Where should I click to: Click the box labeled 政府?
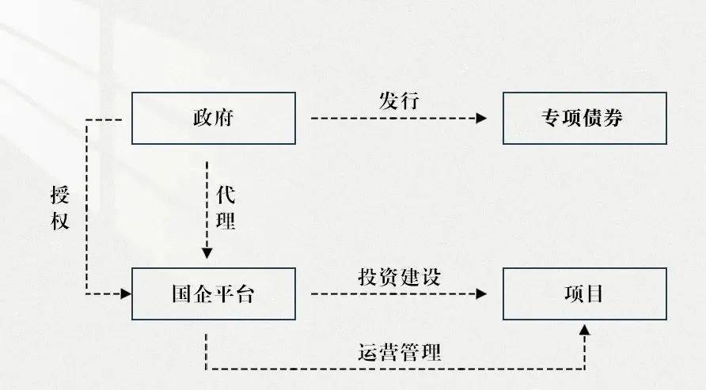click(214, 119)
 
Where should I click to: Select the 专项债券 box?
click(583, 119)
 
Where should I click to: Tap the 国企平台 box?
click(214, 294)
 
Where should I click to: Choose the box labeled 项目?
click(583, 294)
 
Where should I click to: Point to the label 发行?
click(398, 101)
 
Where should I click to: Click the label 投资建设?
click(398, 277)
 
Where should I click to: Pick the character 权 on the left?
click(59, 220)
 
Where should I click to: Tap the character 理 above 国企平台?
click(226, 220)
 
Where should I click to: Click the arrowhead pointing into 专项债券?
click(481, 119)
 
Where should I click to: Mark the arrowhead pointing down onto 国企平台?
click(207, 253)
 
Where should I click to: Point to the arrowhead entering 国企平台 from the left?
click(124, 294)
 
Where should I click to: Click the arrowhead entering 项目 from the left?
click(481, 294)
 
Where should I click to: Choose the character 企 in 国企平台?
click(203, 294)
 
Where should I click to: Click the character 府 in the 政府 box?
click(225, 119)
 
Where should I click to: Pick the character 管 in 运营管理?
click(408, 353)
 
